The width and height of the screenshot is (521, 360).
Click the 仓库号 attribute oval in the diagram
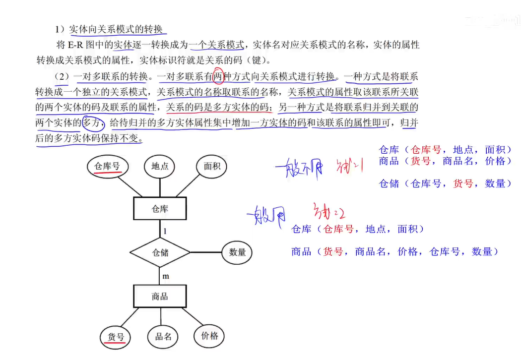(x=107, y=167)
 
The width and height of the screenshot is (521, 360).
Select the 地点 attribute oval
(x=160, y=167)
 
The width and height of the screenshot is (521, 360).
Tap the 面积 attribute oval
(x=212, y=167)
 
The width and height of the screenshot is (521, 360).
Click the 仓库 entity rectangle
(x=160, y=209)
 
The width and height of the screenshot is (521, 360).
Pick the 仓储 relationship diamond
(x=160, y=252)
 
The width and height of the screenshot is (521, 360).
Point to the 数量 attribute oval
(x=237, y=252)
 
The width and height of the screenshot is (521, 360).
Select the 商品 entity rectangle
(x=160, y=297)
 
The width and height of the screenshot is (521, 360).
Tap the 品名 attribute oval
(x=163, y=337)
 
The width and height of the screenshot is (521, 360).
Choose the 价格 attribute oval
(x=209, y=336)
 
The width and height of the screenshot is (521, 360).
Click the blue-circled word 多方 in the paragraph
(x=93, y=122)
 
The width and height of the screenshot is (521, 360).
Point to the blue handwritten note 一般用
(x=267, y=215)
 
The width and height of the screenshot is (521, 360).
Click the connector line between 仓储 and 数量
(x=205, y=252)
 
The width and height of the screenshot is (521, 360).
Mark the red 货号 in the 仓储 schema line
(x=463, y=183)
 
